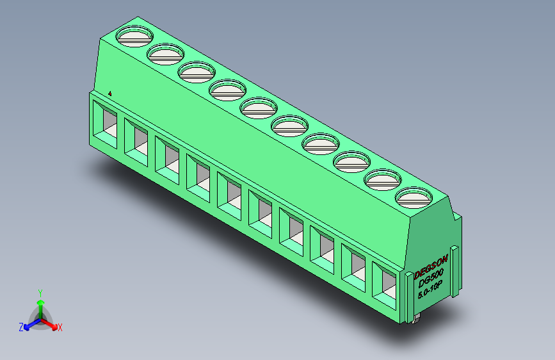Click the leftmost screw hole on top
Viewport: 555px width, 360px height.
click(x=135, y=37)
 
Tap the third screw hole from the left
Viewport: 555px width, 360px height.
click(x=197, y=72)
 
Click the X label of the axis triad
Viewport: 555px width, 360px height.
click(x=60, y=328)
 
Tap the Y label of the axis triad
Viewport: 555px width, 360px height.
click(x=40, y=291)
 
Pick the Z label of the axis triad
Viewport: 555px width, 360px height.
click(x=21, y=327)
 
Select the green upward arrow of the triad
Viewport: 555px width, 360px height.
click(x=40, y=304)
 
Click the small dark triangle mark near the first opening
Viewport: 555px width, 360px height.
click(x=111, y=94)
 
